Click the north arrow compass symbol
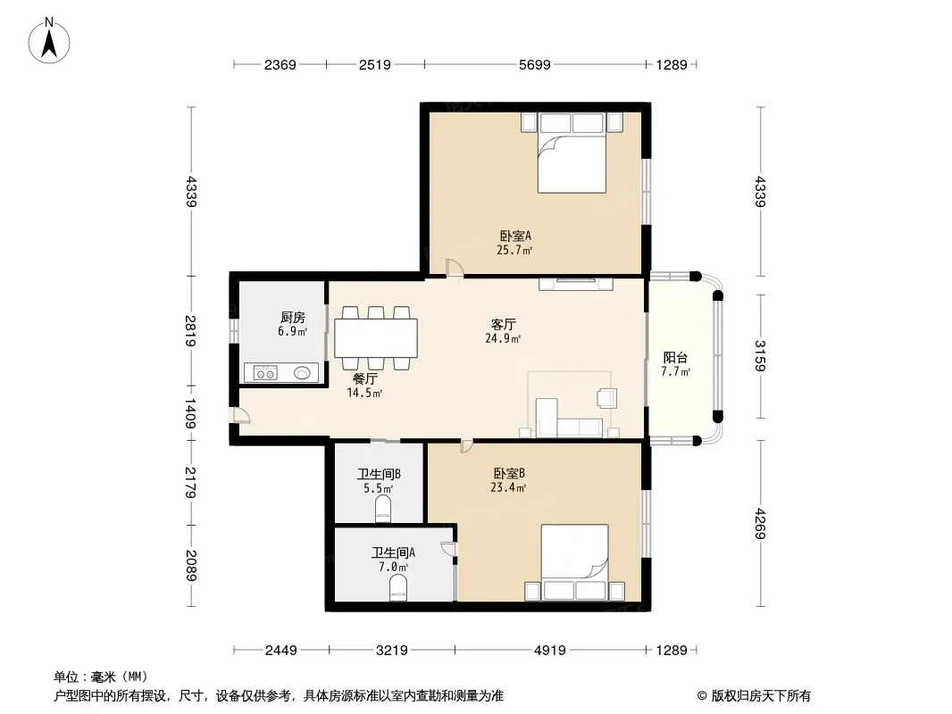pyautogui.click(x=49, y=41)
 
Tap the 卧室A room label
pyautogui.click(x=515, y=236)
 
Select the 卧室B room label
pyautogui.click(x=509, y=473)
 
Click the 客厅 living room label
pyautogui.click(x=504, y=325)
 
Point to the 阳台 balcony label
pyautogui.click(x=675, y=357)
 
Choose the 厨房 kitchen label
pyautogui.click(x=293, y=317)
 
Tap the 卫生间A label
pyautogui.click(x=394, y=552)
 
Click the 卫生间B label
pyautogui.click(x=379, y=474)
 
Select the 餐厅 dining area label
pyautogui.click(x=365, y=378)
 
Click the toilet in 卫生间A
pyautogui.click(x=398, y=588)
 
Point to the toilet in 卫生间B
pyautogui.click(x=383, y=509)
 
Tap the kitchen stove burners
pyautogui.click(x=265, y=373)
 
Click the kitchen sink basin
pyautogui.click(x=303, y=373)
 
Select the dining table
pyautogui.click(x=376, y=338)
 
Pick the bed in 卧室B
pyautogui.click(x=575, y=562)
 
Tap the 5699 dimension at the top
pyautogui.click(x=534, y=64)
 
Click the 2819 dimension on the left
pyautogui.click(x=190, y=331)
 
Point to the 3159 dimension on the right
pyautogui.click(x=759, y=356)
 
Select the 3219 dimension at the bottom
pyautogui.click(x=392, y=651)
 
